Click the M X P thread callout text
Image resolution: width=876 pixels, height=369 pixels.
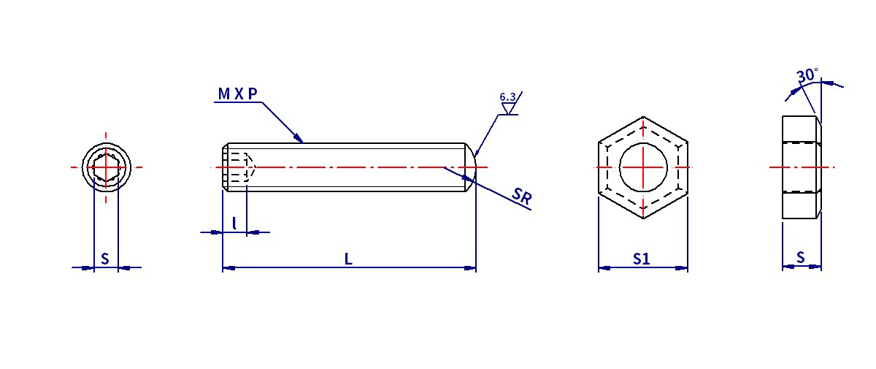237,94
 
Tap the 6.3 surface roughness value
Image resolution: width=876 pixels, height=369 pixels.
507,96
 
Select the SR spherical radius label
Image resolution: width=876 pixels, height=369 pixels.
522,196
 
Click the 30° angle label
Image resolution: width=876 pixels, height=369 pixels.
807,76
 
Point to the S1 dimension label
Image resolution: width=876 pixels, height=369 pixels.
642,259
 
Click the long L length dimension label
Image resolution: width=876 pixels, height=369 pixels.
348,259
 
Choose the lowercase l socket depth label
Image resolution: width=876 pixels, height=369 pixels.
234,224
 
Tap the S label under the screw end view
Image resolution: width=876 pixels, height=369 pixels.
105,259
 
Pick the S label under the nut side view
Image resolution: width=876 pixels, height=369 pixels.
801,257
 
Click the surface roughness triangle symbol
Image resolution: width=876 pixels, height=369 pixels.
508,108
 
